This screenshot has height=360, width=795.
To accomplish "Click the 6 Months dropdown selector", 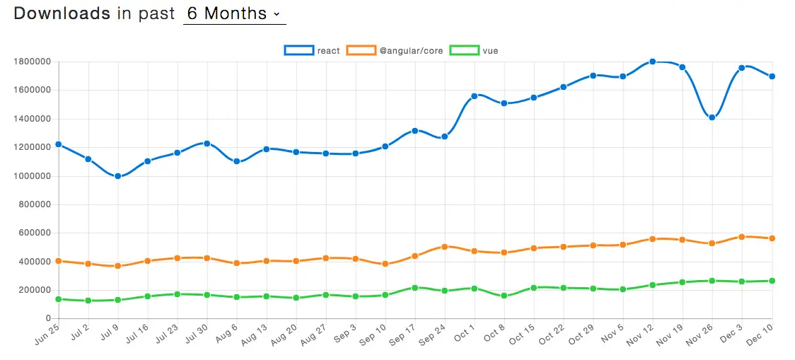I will point(234,13).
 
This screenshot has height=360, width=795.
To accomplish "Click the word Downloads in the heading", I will point(62,13).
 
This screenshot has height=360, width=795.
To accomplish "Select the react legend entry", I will point(312,50).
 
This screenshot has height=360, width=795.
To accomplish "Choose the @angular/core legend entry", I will point(395,50).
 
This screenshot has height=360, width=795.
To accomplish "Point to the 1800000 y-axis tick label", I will point(32,62).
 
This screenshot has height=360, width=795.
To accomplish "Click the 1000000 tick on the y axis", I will point(32,176).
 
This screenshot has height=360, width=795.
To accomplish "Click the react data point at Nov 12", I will point(653,62).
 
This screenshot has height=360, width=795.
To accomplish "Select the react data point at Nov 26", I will point(712,117).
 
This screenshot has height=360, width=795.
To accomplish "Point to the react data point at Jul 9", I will point(118,176).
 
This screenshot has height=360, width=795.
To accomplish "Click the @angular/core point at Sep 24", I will point(445,247).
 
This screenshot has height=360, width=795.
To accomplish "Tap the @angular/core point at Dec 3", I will point(742,237).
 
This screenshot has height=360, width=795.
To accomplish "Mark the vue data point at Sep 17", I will point(415,288).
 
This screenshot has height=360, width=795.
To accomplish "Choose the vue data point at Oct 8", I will point(504,296).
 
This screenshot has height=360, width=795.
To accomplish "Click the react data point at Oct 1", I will point(475,95).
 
